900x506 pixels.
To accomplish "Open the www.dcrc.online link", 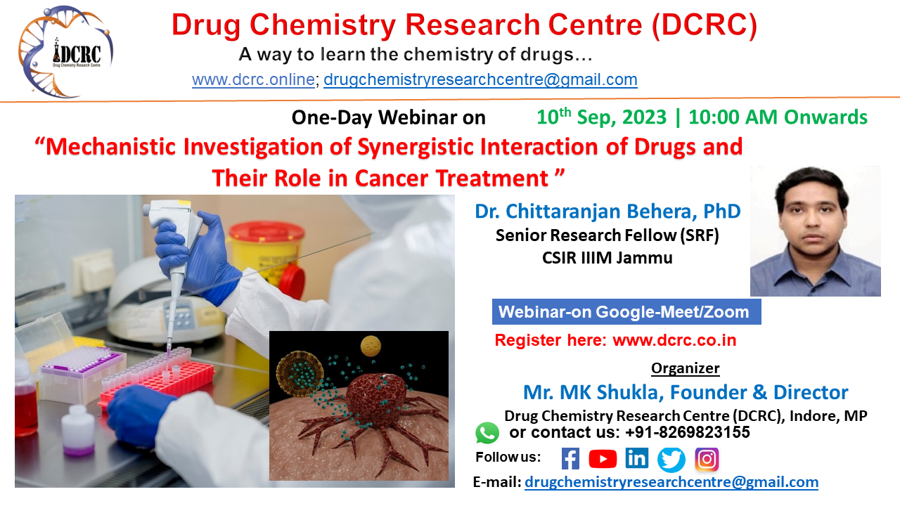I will (253, 80).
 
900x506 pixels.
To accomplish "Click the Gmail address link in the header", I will (480, 80).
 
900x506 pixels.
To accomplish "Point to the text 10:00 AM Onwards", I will (778, 117).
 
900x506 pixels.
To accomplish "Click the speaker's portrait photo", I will (815, 231).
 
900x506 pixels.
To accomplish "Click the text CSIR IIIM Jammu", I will (607, 258).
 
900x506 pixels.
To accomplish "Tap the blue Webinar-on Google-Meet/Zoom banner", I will (626, 311).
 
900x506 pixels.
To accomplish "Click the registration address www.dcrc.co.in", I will (674, 341).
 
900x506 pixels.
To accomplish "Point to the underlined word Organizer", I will (685, 368).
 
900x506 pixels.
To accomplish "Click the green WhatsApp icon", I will (487, 432).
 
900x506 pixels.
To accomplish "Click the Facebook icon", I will (570, 459).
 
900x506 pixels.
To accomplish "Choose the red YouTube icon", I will (603, 459).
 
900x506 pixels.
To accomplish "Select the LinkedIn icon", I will (636, 459).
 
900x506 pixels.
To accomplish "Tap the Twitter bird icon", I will (671, 460).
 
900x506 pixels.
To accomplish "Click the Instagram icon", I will (707, 459).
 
